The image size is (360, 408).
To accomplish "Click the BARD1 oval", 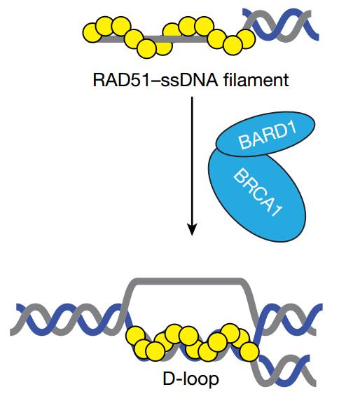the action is tap(265, 134).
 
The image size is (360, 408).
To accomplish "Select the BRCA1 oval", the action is tap(257, 195).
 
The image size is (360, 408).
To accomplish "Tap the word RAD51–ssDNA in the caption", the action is tap(155, 80).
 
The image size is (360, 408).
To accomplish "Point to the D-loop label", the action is tap(191, 379).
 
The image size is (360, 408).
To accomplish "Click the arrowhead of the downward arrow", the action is tap(192, 229).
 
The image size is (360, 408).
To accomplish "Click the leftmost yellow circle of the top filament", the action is tap(92, 33).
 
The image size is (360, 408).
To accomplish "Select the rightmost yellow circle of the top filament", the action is tap(246, 39).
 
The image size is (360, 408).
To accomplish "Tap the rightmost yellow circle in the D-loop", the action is tap(249, 351).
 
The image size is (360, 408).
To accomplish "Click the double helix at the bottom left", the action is tap(67, 320).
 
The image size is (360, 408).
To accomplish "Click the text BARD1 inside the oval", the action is tap(268, 135).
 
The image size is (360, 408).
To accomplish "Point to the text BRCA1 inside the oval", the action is tap(257, 193).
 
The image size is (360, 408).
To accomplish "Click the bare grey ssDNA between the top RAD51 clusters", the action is tap(154, 39).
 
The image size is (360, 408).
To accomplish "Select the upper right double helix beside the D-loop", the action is tap(289, 320).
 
